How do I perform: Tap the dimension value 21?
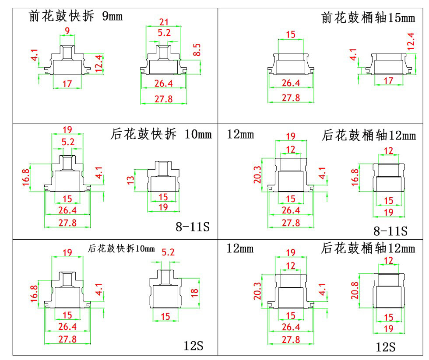(164, 22)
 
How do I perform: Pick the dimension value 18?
(195, 293)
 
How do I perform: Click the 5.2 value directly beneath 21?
(164, 33)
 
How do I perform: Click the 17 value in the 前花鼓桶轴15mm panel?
(388, 80)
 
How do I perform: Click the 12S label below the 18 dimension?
(193, 346)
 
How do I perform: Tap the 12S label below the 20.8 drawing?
(386, 347)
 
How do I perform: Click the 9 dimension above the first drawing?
(67, 30)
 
